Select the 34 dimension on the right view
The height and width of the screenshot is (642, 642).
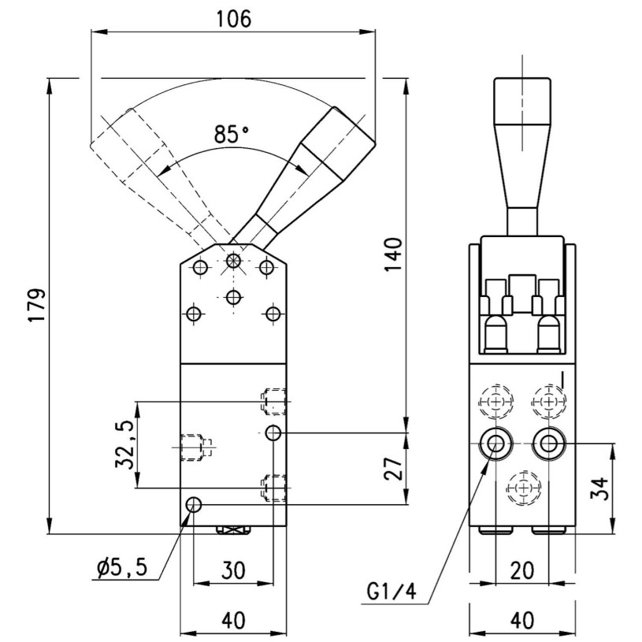[x=599, y=488]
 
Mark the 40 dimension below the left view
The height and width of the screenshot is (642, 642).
[x=233, y=621]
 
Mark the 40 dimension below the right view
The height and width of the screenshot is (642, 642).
[x=521, y=621]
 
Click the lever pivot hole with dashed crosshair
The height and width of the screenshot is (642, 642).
[x=233, y=261]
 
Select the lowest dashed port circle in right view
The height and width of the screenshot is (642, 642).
[x=521, y=489]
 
